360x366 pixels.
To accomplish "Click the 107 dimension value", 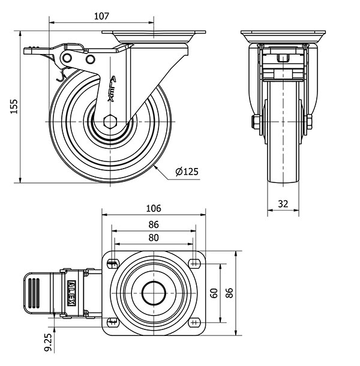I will (101, 17).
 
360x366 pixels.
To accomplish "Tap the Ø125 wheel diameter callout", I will (187, 172).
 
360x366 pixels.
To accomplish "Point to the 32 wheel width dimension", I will (283, 203).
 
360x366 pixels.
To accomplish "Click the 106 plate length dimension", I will (154, 209).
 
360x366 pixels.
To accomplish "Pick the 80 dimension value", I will (154, 238).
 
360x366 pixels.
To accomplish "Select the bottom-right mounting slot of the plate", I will (195, 322).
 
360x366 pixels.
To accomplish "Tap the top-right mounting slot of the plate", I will (195, 263).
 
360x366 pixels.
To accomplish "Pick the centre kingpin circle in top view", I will (154, 293).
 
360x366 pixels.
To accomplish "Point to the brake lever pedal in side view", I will (36, 52).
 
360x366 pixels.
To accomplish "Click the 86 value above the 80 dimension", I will (154, 224).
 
